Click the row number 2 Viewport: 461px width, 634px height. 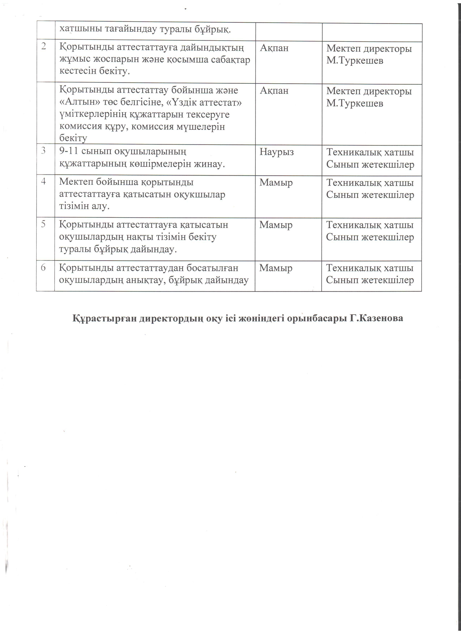pos(44,47)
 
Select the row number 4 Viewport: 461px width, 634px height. pos(43,181)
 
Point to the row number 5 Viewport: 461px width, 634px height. pos(43,224)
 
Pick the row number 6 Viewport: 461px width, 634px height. pos(43,267)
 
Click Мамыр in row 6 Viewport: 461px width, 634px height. pos(276,268)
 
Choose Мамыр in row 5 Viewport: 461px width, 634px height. pos(276,225)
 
